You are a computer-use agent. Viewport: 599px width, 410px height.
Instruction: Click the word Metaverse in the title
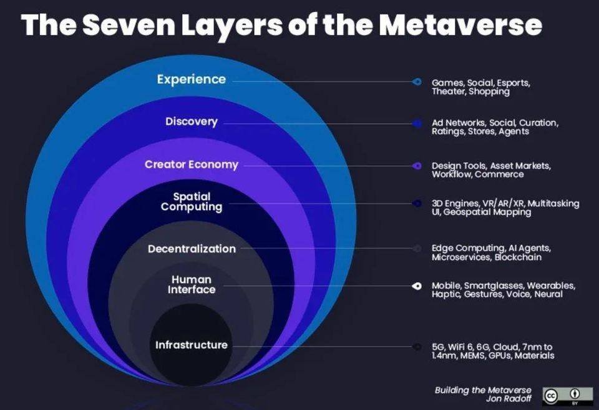[460, 25]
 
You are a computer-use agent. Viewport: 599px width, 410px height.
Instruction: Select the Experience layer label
[192, 79]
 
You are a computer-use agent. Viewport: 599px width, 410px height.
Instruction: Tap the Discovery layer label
[192, 121]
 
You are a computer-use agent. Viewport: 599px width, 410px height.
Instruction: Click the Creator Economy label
[192, 164]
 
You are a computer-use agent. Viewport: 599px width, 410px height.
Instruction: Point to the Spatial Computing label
[192, 202]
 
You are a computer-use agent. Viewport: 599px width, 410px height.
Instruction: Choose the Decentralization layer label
[192, 249]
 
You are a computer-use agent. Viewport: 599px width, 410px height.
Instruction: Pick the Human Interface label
[192, 284]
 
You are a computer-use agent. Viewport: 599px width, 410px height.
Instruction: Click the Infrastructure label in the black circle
[192, 345]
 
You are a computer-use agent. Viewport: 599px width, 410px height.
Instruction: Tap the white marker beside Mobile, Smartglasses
[417, 286]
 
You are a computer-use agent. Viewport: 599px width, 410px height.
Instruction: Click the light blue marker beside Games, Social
[417, 81]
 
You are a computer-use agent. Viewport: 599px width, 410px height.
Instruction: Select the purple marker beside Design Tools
[417, 166]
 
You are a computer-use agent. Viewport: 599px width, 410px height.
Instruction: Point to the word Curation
[538, 123]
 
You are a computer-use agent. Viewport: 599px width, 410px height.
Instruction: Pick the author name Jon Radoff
[509, 399]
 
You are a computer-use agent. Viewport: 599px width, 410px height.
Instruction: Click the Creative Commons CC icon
[551, 396]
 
